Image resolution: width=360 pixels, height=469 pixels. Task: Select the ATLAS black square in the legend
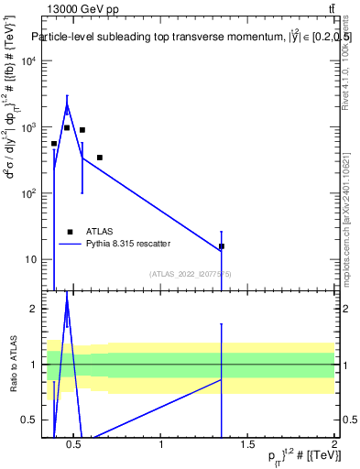coord(71,232)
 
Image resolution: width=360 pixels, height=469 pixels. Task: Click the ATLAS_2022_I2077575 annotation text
coord(191,273)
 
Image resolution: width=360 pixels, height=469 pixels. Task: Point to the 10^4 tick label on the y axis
coord(28,61)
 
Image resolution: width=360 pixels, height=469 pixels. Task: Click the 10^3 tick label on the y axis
coord(28,127)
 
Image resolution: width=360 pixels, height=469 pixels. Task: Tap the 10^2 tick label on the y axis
coord(28,193)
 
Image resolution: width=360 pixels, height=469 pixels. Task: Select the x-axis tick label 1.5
coord(247,446)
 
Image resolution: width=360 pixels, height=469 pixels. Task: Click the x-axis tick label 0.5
coord(75,446)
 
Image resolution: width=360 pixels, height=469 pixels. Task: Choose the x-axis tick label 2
coord(334,446)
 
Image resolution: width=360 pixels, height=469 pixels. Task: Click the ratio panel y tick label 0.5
coord(27,420)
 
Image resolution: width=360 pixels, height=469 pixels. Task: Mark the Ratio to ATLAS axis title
coord(12,364)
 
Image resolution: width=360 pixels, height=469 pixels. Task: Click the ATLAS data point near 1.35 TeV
coord(222,246)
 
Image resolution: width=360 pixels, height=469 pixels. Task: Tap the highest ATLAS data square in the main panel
coord(67,127)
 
